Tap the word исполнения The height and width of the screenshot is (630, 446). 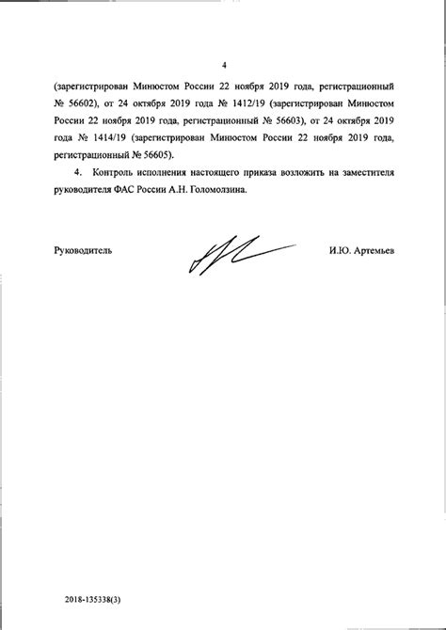click(x=169, y=174)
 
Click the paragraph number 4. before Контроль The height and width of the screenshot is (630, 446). click(x=78, y=174)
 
